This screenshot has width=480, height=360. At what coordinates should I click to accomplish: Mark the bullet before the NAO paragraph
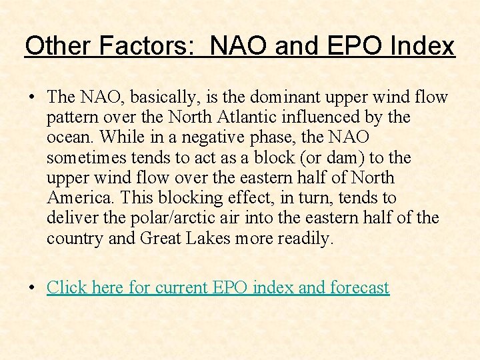[32, 97]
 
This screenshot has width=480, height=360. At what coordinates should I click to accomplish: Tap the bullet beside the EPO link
[32, 287]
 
